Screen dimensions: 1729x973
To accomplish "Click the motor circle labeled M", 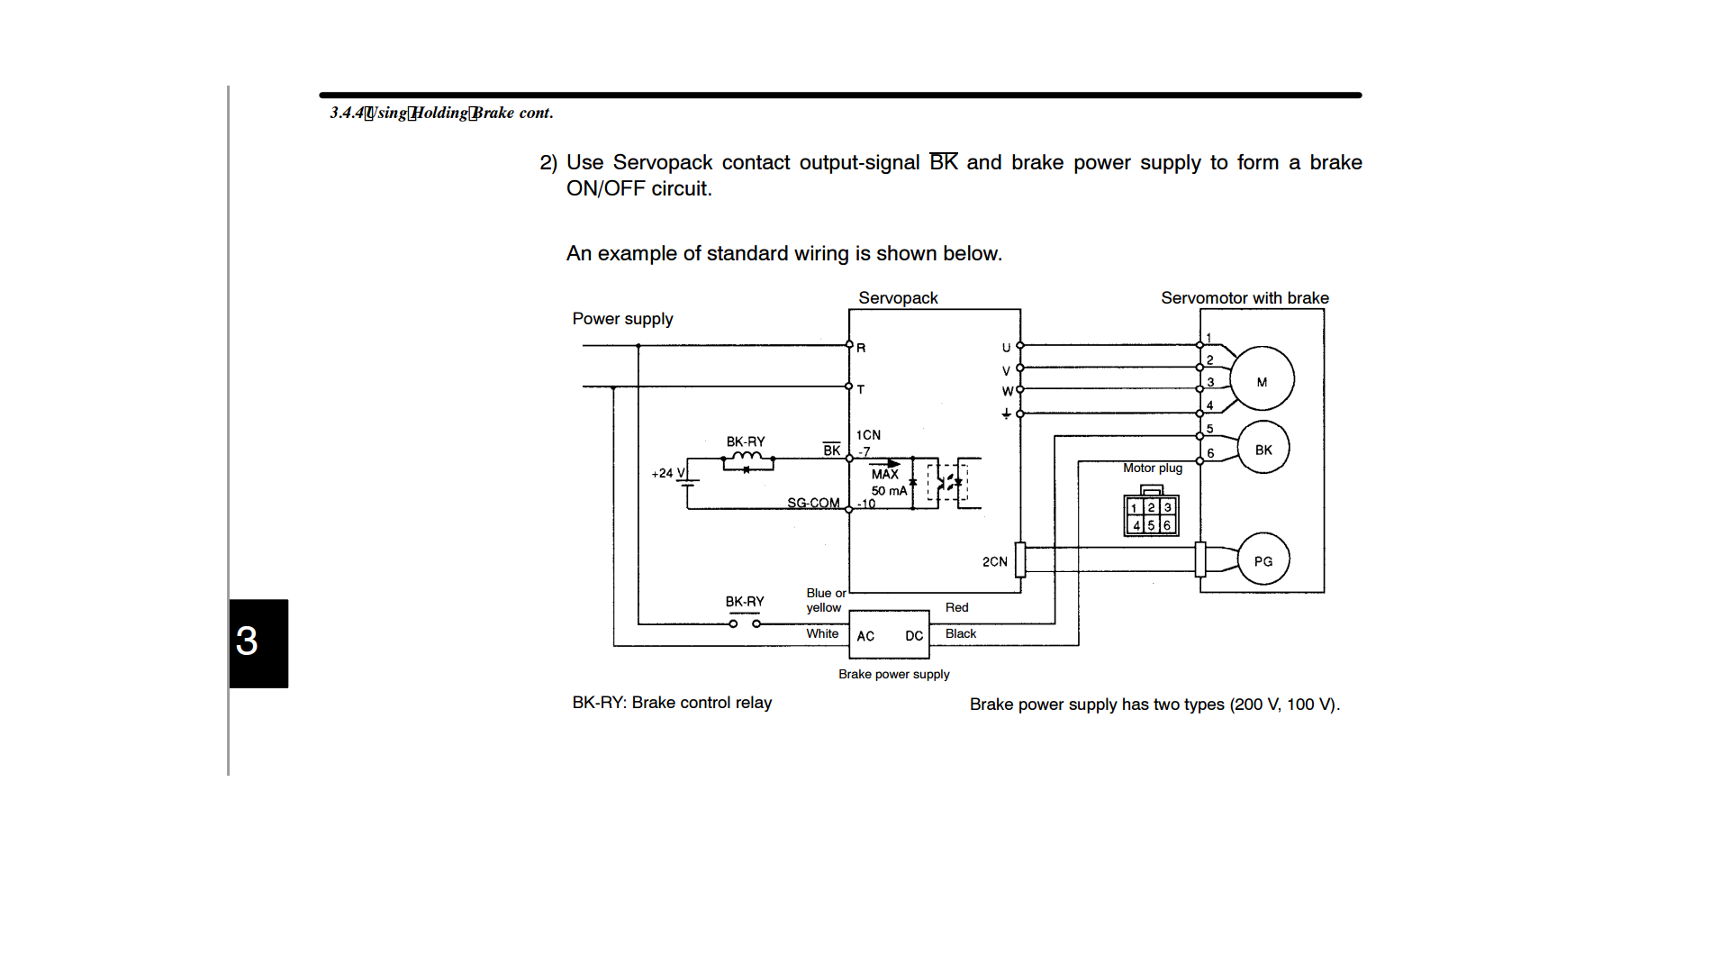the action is pyautogui.click(x=1262, y=379).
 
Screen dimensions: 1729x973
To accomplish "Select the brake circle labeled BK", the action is pyautogui.click(x=1263, y=448).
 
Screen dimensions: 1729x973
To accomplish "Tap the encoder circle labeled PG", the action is pyautogui.click(x=1263, y=559).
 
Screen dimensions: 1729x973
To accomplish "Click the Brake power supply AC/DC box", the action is pyautogui.click(x=889, y=634).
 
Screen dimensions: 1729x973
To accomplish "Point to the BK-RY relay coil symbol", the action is pyautogui.click(x=747, y=461).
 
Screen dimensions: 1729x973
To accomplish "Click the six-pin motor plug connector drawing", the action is pyautogui.click(x=1151, y=512).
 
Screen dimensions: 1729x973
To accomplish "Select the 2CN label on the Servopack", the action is pyautogui.click(x=994, y=561).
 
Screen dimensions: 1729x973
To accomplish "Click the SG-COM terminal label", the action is pyautogui.click(x=813, y=502).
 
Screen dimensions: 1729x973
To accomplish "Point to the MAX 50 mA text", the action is pyautogui.click(x=889, y=482).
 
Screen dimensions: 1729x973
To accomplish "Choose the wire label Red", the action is pyautogui.click(x=956, y=607).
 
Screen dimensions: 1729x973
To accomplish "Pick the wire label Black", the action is pyautogui.click(x=960, y=633).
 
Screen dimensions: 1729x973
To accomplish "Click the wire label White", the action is pyautogui.click(x=822, y=633).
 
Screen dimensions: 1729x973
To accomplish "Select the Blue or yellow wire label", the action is pyautogui.click(x=826, y=600).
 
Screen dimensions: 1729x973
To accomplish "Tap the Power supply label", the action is pyautogui.click(x=622, y=319).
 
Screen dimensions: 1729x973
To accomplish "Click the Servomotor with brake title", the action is pyautogui.click(x=1245, y=297).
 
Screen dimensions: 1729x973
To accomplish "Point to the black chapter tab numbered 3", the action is pyautogui.click(x=258, y=643).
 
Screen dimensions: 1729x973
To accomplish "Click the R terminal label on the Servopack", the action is pyautogui.click(x=861, y=348).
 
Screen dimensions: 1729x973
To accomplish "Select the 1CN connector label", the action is pyautogui.click(x=868, y=434).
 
